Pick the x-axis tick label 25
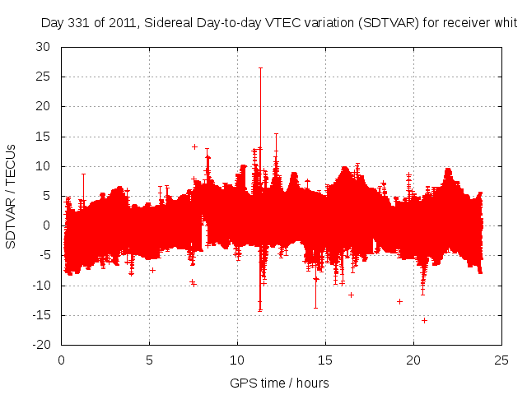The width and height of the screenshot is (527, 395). [x=501, y=360]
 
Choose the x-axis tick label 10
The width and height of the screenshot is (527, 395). [x=237, y=360]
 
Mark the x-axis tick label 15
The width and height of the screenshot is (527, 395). [x=325, y=360]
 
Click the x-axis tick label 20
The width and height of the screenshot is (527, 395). [x=413, y=360]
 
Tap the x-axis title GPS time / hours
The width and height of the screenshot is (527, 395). [x=281, y=383]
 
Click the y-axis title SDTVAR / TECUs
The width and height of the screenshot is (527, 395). [x=12, y=196]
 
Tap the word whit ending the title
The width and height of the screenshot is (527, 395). [x=505, y=23]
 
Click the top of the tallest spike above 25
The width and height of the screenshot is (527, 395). [x=260, y=67]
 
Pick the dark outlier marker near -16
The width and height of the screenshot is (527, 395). [x=424, y=320]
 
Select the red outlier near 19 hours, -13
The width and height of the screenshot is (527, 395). [x=399, y=301]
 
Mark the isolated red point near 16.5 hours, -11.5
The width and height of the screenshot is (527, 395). [x=351, y=295]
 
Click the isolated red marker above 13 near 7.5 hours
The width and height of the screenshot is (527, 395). [x=194, y=146]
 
